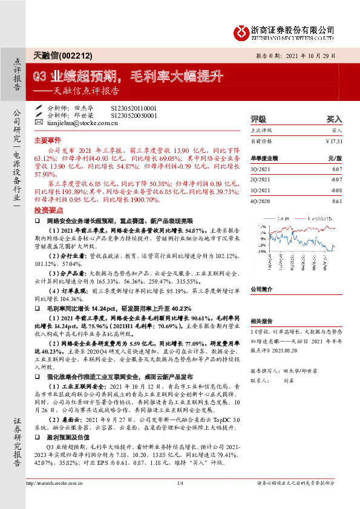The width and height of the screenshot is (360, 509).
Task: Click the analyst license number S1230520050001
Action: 134,114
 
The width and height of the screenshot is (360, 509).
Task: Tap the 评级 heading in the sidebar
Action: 258,120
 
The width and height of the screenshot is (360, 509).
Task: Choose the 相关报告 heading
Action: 263,321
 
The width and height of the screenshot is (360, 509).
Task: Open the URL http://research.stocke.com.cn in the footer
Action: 54,499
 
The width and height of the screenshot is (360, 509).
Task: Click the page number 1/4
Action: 180,499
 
